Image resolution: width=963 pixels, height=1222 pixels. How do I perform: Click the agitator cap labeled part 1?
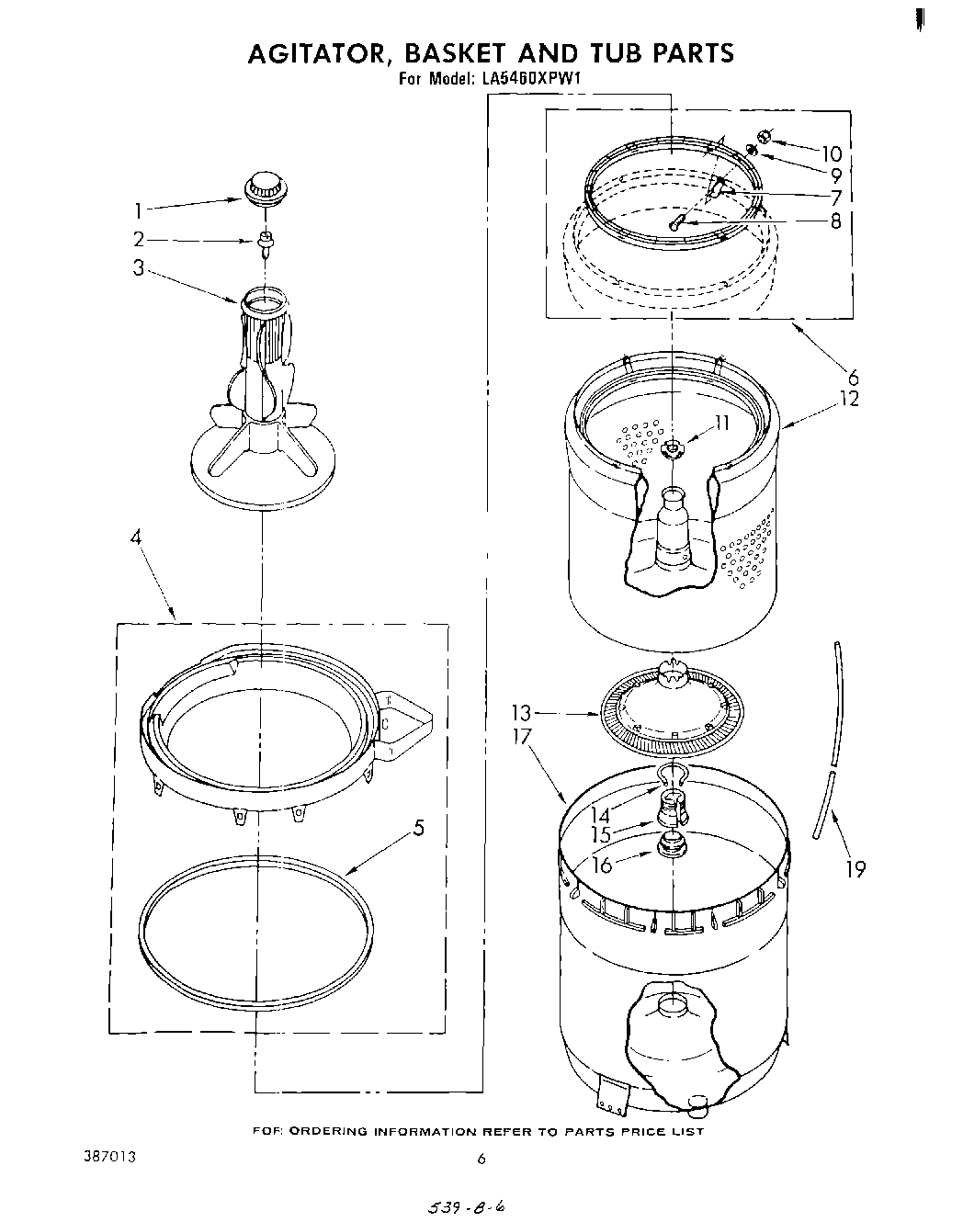click(x=265, y=186)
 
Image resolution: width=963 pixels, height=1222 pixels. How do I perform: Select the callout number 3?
click(x=138, y=269)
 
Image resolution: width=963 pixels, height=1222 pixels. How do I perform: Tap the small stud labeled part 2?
click(x=266, y=242)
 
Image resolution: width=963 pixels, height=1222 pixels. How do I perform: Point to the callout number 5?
click(x=418, y=828)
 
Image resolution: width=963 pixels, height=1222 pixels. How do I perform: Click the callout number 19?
click(x=855, y=868)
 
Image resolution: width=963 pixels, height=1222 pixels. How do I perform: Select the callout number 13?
click(x=522, y=713)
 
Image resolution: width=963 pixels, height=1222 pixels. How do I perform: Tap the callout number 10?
click(x=831, y=154)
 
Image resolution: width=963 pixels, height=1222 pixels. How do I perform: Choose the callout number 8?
click(x=835, y=221)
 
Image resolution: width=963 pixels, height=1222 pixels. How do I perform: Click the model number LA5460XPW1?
click(x=532, y=79)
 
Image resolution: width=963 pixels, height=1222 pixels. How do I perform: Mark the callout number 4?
click(x=137, y=538)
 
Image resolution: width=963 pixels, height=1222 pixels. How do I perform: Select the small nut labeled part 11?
click(x=673, y=447)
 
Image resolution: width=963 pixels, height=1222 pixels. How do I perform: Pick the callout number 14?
click(x=599, y=814)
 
